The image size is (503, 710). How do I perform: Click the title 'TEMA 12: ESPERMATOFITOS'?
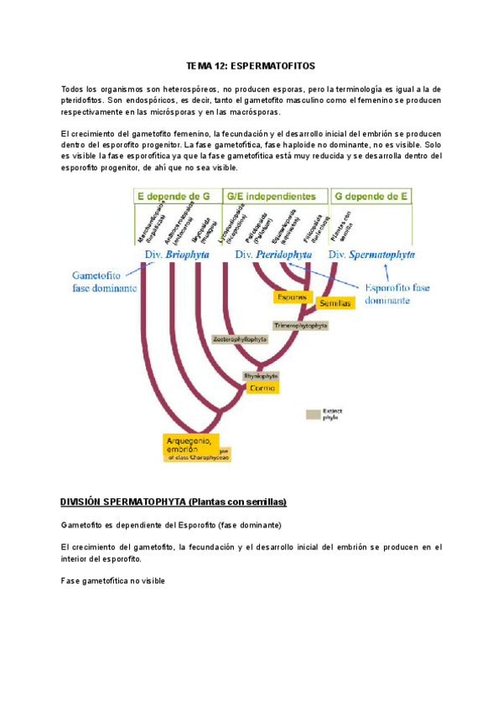(x=251, y=65)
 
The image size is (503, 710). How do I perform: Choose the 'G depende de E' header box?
(x=371, y=196)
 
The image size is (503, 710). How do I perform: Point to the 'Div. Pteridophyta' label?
(x=274, y=254)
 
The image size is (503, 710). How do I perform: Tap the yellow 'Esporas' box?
(x=293, y=296)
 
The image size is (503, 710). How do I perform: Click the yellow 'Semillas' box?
(x=333, y=303)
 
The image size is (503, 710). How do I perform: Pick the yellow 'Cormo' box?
(x=262, y=388)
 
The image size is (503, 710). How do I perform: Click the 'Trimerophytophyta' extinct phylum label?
(x=300, y=325)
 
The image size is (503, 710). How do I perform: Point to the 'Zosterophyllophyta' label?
(x=241, y=339)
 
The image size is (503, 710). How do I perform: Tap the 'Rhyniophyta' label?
(x=261, y=376)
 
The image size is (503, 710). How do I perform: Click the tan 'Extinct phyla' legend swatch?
(x=314, y=414)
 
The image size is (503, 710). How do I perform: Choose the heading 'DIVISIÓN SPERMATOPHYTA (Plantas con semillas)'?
(x=174, y=502)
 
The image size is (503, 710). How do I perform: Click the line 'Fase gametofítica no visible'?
(x=114, y=580)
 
